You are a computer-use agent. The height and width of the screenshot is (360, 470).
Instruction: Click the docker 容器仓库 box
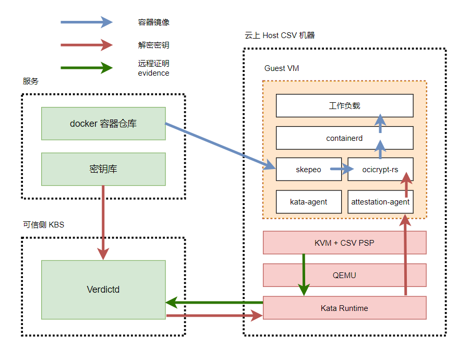point(103,124)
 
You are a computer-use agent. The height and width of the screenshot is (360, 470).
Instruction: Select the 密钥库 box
point(103,169)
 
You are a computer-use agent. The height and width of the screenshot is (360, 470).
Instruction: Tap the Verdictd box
point(103,290)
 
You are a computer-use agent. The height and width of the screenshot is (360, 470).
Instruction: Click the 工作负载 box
point(344,105)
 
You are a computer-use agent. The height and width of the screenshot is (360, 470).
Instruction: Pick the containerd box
point(344,138)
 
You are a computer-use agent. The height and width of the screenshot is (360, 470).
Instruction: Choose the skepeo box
point(308,170)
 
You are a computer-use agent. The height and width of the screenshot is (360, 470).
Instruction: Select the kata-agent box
point(308,202)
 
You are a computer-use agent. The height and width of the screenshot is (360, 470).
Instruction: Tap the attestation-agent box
point(380,202)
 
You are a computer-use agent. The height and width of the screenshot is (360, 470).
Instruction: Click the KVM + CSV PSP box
point(344,243)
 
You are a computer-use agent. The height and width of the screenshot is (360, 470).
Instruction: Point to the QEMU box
point(344,275)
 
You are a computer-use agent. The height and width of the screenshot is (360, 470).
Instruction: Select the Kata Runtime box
point(344,308)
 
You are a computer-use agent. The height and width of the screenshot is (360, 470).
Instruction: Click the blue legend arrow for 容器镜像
point(86,22)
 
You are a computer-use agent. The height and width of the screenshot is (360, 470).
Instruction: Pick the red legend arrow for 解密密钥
point(86,45)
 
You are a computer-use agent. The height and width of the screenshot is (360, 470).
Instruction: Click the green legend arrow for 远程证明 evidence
point(86,68)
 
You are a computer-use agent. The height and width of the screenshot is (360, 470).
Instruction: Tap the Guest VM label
point(282,68)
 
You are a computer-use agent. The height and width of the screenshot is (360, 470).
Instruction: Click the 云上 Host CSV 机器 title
point(280,35)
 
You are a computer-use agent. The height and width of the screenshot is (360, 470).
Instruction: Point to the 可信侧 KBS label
point(43,225)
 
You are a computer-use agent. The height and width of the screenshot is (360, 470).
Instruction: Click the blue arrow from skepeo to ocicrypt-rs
point(342,169)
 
